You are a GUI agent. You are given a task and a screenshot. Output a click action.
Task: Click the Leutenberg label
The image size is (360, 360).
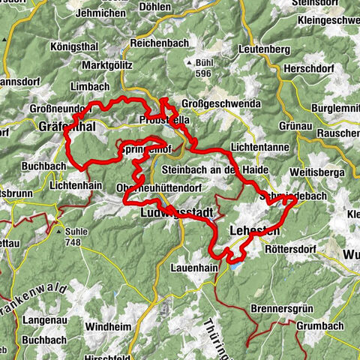point(264,49)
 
